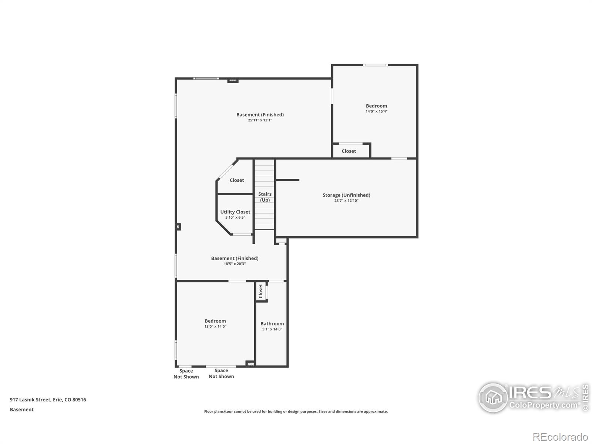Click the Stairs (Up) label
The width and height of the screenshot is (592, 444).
tap(265, 197)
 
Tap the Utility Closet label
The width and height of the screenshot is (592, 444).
tap(235, 212)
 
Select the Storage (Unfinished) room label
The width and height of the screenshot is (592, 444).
tap(346, 195)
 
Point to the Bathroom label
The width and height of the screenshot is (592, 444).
tap(272, 323)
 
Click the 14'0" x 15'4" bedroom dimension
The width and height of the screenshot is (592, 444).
tap(376, 111)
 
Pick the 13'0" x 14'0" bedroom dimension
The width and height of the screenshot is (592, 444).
tap(215, 326)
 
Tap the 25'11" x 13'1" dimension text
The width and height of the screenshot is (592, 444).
tap(260, 120)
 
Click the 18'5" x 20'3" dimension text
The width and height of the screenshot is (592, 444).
tap(235, 264)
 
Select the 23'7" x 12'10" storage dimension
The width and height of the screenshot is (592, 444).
tap(346, 201)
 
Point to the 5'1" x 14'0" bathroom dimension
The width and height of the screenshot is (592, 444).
tap(272, 329)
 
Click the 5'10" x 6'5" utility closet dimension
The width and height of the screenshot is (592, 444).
tap(235, 218)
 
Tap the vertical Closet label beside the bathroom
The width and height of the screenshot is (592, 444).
tap(260, 291)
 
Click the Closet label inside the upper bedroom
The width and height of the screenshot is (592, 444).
tap(349, 151)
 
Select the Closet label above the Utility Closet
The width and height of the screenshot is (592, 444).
tap(237, 180)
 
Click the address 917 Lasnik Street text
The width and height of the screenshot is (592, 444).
tap(48, 400)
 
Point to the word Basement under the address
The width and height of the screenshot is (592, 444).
tap(22, 410)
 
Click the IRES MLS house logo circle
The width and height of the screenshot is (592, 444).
tap(493, 398)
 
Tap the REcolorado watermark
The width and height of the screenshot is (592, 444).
tap(560, 437)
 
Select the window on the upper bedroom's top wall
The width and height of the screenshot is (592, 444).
tap(375, 65)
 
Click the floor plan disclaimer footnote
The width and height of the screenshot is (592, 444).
tap(296, 411)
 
